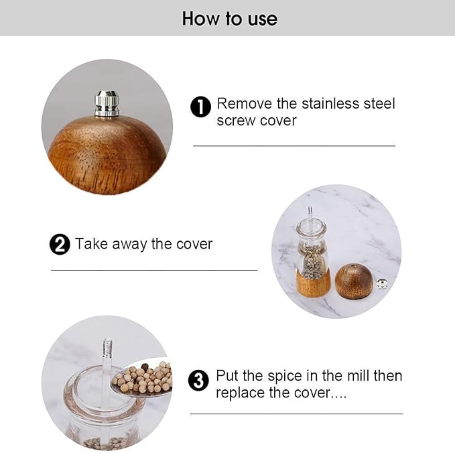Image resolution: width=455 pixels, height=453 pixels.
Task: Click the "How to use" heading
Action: pos(229,18)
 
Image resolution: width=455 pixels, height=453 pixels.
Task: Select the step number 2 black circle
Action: pos(60,245)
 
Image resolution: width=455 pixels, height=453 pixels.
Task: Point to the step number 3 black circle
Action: pos(198,381)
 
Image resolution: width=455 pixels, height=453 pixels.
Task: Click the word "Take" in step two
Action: pos(90,244)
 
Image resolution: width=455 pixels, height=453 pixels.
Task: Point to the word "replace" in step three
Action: pos(239,393)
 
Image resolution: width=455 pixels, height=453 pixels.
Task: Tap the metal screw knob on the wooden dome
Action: pos(107,104)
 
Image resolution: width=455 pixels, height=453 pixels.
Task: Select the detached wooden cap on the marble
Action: pos(354,281)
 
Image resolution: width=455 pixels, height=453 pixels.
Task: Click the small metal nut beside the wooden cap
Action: pos(383,283)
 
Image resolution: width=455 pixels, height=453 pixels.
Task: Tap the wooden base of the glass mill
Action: pos(313,284)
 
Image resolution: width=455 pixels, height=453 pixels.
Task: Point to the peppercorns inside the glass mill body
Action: pos(312,261)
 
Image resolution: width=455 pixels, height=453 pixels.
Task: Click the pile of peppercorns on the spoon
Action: pos(143,379)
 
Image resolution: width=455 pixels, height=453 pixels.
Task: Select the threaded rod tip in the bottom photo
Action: pos(107,348)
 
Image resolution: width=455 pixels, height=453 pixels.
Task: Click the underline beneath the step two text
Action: pos(154,270)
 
